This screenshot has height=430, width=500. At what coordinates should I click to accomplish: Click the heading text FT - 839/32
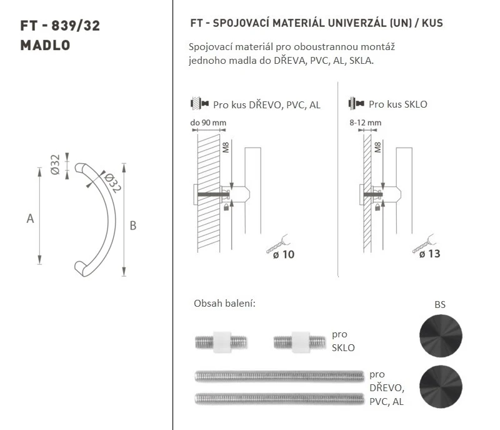tap(60, 26)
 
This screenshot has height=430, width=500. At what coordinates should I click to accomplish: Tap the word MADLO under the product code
tap(45, 45)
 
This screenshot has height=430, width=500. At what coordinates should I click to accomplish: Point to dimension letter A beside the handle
tap(30, 218)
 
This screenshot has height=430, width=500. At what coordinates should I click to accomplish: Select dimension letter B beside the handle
tap(133, 226)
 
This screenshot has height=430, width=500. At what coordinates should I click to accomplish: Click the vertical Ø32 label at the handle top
tap(55, 165)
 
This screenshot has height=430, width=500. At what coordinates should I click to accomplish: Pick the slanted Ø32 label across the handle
tap(112, 183)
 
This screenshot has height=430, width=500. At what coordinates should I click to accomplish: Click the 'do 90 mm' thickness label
tap(208, 123)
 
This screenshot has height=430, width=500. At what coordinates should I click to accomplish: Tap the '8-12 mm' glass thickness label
tap(365, 123)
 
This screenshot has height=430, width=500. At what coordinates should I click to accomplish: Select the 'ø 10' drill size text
tap(284, 254)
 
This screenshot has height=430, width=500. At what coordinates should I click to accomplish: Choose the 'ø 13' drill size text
tap(429, 253)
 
